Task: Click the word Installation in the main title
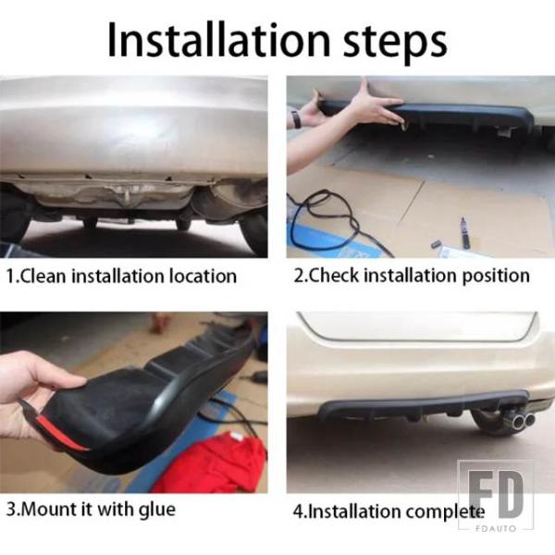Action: tap(218, 40)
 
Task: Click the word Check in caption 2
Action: tap(334, 276)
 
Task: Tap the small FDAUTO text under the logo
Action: tap(496, 528)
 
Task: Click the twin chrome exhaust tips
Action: tap(523, 421)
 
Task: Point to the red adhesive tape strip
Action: tap(61, 433)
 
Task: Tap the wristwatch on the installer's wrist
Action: tap(296, 119)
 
